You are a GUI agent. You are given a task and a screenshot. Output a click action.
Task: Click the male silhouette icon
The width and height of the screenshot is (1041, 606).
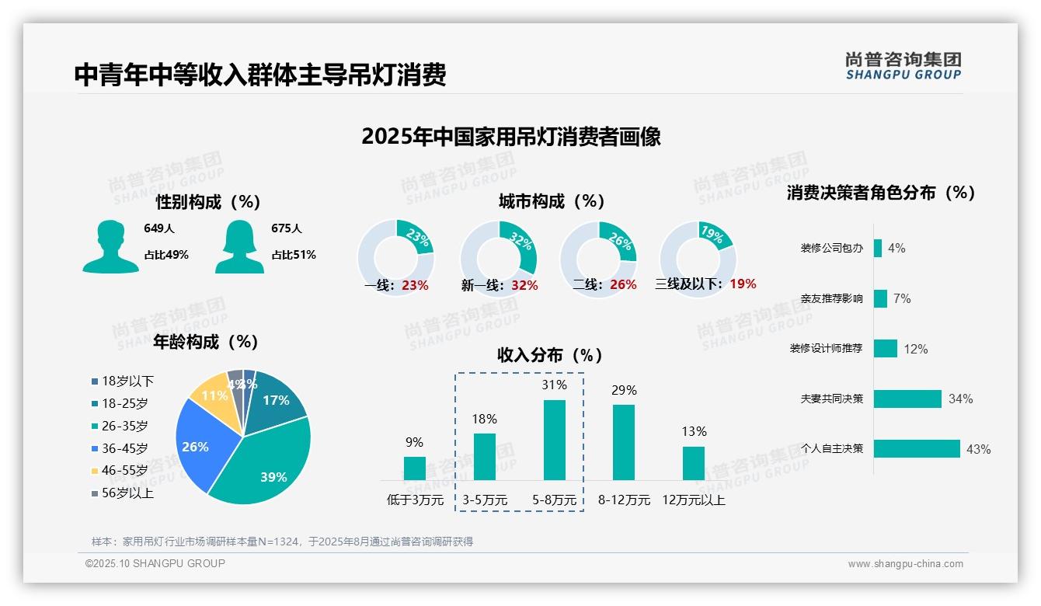click(110, 246)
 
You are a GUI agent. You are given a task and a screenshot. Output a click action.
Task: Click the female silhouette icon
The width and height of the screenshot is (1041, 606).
click(239, 246)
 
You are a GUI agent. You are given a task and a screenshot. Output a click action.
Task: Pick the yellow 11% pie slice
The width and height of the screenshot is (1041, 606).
click(212, 395)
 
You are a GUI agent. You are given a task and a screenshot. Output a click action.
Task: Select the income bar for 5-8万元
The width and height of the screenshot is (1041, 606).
click(554, 440)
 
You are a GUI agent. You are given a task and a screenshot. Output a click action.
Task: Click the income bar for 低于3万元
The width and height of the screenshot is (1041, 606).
click(414, 468)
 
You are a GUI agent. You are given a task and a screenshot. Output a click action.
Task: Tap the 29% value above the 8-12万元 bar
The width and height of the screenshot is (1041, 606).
click(624, 390)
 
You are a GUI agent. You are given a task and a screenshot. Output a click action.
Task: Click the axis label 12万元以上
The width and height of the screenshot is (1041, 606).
click(693, 500)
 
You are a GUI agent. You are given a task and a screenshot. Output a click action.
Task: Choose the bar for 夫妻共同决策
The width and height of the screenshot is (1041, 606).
click(907, 399)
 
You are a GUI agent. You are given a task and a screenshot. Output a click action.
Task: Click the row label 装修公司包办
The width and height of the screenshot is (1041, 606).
click(831, 249)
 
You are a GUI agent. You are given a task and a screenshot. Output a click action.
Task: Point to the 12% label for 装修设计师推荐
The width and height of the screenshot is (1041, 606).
click(915, 349)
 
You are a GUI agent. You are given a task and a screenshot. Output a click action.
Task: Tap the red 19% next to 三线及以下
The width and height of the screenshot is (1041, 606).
click(743, 284)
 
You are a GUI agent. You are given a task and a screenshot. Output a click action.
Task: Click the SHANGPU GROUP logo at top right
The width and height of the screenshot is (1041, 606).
click(903, 66)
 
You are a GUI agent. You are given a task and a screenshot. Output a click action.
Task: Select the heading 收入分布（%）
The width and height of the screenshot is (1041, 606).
click(550, 355)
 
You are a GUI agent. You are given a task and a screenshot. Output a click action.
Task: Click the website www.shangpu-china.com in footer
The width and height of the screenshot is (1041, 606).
click(905, 563)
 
